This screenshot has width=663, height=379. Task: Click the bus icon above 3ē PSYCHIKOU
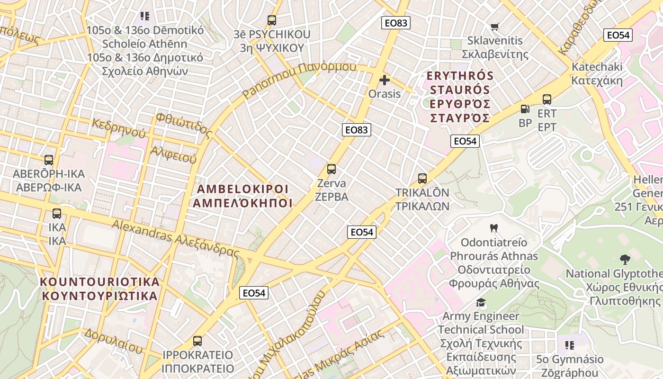pos(271,20)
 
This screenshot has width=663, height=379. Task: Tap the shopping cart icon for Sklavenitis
pos(495,27)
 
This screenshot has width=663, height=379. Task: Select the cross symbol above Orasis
pos(385,80)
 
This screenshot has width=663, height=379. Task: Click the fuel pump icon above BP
pos(525,109)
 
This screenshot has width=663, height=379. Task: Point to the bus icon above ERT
pos(547,99)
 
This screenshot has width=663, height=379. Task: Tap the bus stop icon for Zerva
pos(331,169)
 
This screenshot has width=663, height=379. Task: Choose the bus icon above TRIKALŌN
pos(422,179)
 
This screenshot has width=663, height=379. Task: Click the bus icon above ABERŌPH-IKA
pos(49,160)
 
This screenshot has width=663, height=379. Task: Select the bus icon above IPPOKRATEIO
pos(197,341)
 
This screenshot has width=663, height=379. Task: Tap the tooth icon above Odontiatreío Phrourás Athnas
pos(493,228)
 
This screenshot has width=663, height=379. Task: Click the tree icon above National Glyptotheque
pos(625,259)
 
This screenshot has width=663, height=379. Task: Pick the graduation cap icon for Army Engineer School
pos(481,302)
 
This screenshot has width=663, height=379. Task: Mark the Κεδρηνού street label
pos(118,128)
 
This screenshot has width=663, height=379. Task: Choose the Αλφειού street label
pos(173,155)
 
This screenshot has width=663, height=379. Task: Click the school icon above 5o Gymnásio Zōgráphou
pos(570,345)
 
